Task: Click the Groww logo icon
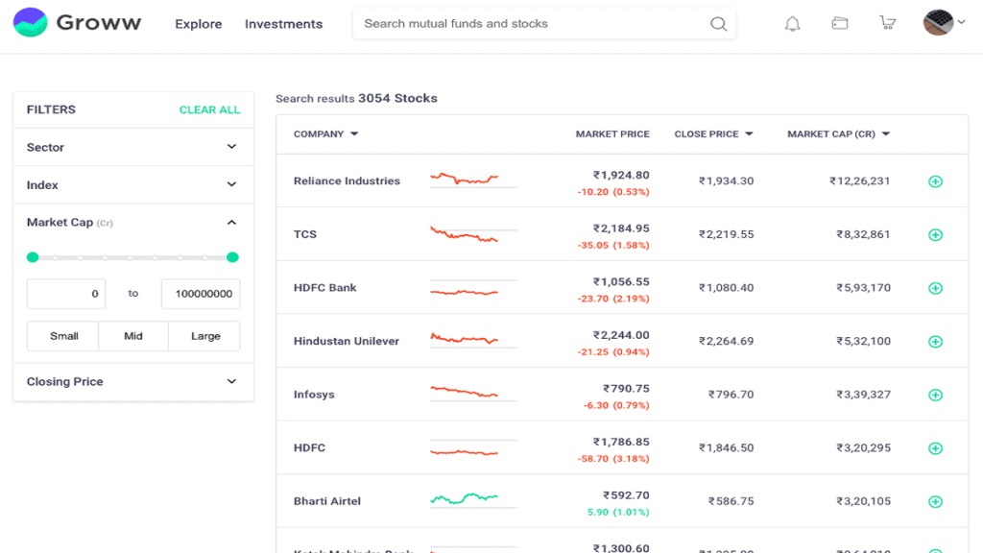[30, 23]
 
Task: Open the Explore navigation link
[198, 24]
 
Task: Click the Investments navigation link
[283, 24]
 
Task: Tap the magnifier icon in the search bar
[718, 24]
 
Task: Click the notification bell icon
[792, 24]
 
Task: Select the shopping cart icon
[887, 24]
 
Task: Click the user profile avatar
[938, 23]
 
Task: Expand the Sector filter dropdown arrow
[231, 147]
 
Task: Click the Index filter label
[42, 185]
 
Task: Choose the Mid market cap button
[133, 336]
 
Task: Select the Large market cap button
[205, 336]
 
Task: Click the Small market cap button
[64, 336]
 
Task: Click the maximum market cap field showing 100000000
[201, 294]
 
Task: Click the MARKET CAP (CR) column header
[831, 134]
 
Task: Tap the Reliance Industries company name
[347, 181]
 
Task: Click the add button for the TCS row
[935, 235]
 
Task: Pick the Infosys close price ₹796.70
[731, 395]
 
